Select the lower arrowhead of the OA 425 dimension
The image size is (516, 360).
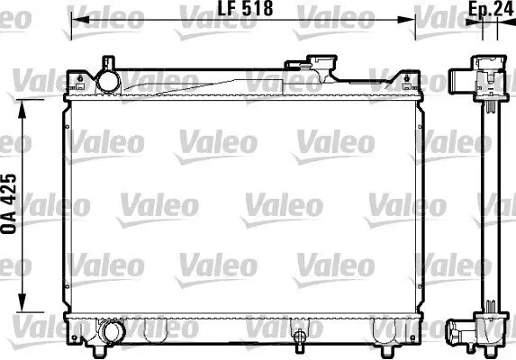click(23, 314)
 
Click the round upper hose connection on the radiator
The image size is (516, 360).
click(110, 80)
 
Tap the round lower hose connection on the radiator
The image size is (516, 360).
click(112, 333)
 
